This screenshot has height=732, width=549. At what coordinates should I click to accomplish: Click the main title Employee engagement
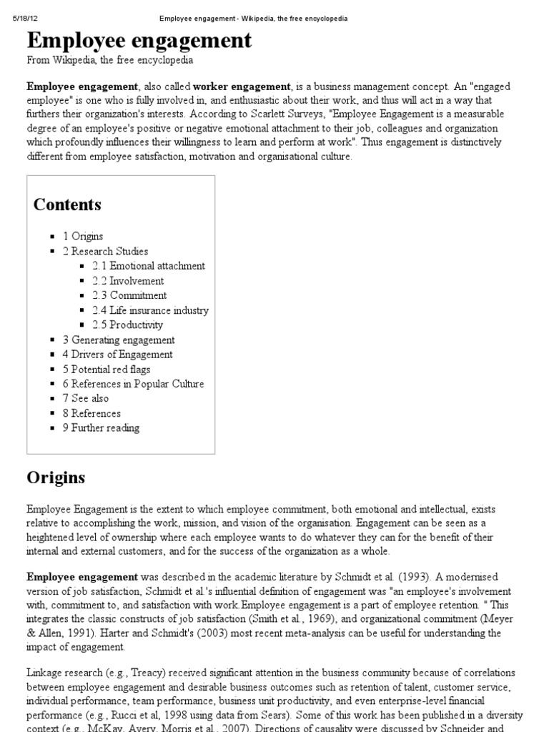click(x=139, y=40)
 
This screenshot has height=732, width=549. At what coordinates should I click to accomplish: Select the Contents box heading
click(x=67, y=204)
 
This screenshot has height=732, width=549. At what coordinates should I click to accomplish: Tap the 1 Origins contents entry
click(x=83, y=236)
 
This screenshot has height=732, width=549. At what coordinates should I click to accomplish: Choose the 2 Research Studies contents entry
click(x=105, y=251)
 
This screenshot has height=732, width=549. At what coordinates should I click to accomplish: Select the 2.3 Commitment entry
click(x=129, y=295)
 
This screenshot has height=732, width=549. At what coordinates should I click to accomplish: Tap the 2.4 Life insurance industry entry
click(x=150, y=310)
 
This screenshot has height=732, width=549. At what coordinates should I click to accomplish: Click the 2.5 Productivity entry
click(x=127, y=325)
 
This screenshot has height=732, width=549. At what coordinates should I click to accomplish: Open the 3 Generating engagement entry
click(x=119, y=340)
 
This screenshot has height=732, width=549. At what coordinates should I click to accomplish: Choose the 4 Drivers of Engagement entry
click(x=117, y=355)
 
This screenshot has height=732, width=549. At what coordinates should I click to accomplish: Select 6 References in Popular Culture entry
click(x=133, y=384)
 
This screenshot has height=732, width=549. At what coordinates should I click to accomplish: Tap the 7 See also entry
click(x=86, y=398)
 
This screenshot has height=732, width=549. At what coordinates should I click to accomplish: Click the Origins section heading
click(x=56, y=478)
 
